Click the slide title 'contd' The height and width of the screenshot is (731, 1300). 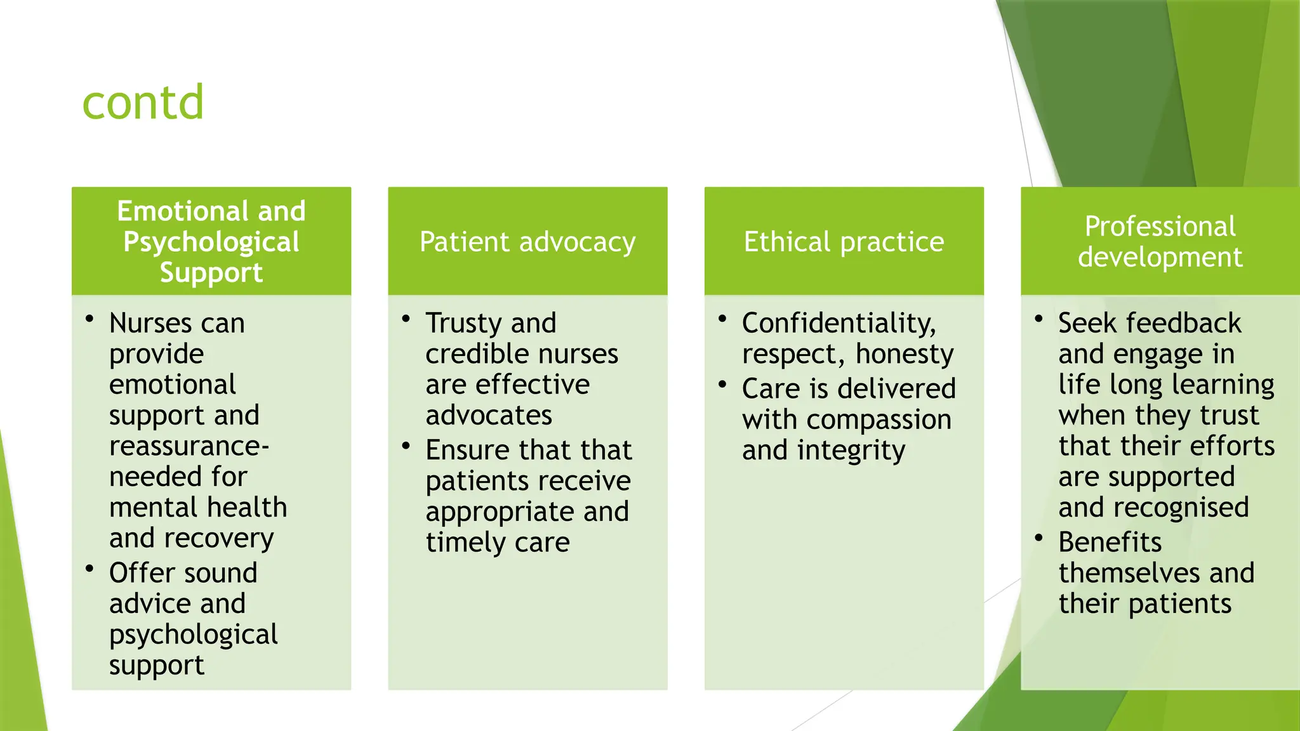143,103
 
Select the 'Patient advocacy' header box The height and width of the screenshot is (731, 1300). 527,242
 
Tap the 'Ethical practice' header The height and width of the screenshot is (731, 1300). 844,242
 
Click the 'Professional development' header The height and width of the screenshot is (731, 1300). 1160,242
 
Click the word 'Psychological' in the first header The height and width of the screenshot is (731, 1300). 211,242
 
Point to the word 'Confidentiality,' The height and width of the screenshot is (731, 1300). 839,324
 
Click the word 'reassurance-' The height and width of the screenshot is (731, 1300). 189,446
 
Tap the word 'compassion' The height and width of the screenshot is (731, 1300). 879,420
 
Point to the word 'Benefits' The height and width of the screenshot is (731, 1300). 1110,543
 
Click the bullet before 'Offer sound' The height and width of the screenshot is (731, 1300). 90,569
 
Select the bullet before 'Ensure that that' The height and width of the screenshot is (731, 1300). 406,445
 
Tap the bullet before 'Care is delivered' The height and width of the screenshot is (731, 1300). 722,385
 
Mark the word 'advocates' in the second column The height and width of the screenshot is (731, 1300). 489,416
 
